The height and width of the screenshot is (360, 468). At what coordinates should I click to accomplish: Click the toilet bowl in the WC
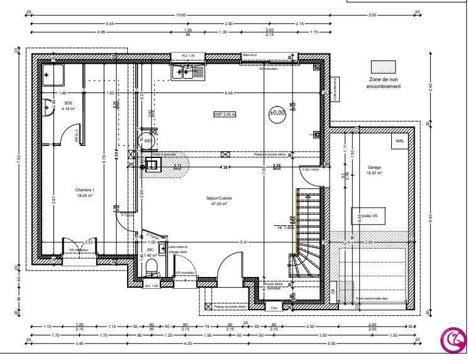(151, 269)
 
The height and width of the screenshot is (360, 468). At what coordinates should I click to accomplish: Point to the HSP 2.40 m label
(224, 114)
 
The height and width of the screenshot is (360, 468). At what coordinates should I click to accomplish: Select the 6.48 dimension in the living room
(228, 93)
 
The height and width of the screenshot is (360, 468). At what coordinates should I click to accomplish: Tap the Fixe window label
(274, 308)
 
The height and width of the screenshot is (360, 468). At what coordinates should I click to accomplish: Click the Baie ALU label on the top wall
(250, 55)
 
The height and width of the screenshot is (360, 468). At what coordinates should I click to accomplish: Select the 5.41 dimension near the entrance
(244, 242)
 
